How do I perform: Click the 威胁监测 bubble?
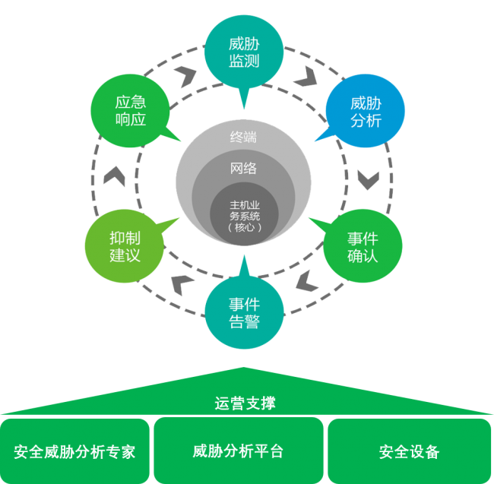[243, 52]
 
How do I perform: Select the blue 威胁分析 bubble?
[366, 112]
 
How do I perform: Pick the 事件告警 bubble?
[243, 312]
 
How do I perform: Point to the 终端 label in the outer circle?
[243, 138]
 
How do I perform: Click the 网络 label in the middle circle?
[243, 169]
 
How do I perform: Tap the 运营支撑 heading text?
[245, 403]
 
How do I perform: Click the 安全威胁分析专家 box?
[74, 451]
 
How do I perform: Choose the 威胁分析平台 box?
[238, 451]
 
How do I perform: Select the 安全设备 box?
[409, 451]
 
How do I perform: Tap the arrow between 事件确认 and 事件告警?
[306, 282]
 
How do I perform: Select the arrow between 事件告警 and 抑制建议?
[182, 283]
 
